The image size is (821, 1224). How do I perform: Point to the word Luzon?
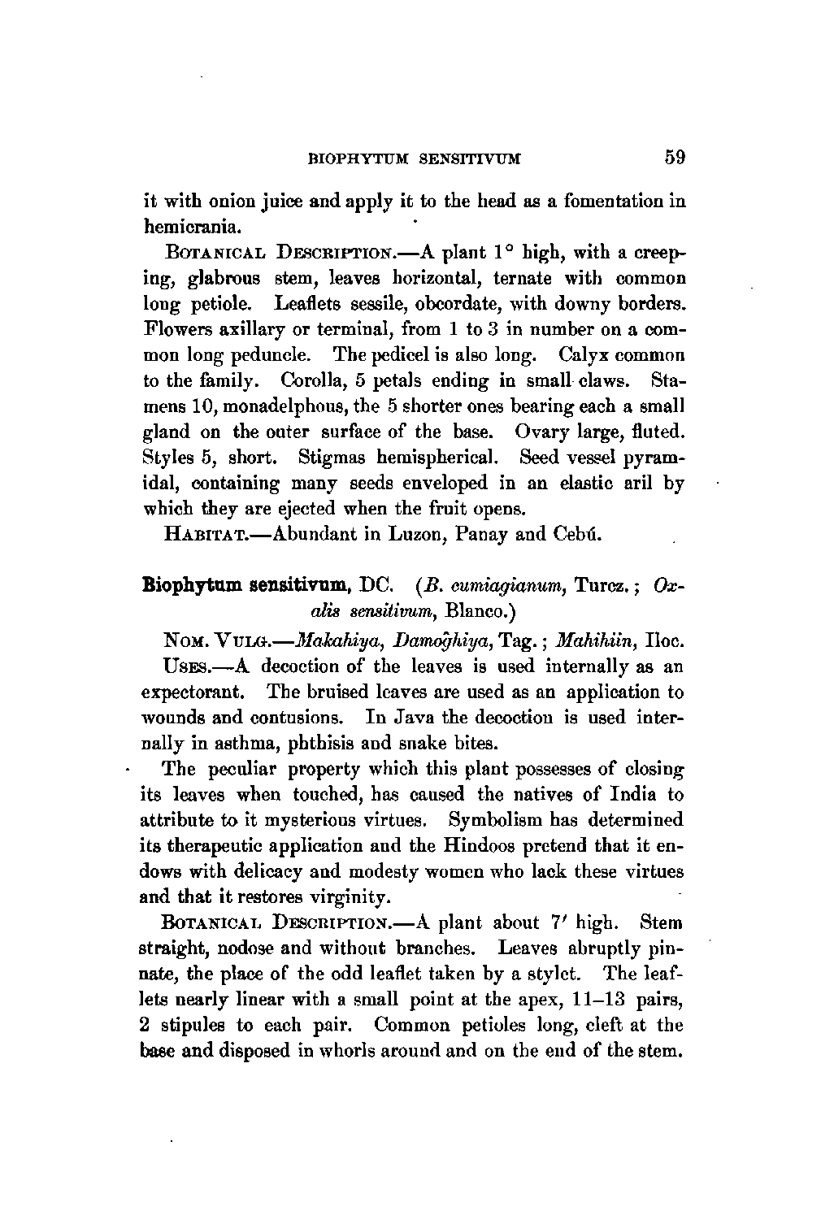click(x=435, y=535)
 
